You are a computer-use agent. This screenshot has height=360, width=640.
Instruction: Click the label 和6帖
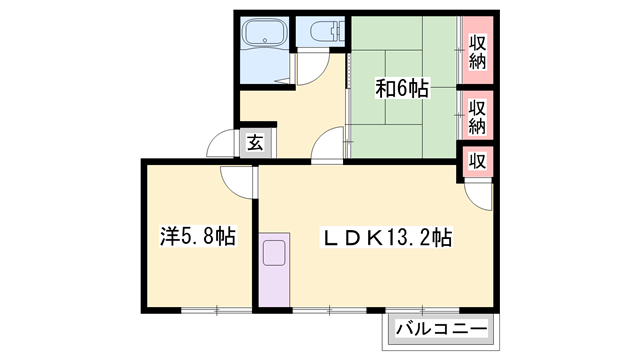point(402,90)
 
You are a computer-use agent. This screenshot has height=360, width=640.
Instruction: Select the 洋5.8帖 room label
point(197,238)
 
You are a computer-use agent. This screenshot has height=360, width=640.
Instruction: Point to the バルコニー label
point(440,328)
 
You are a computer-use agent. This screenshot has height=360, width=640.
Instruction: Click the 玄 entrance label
point(254,143)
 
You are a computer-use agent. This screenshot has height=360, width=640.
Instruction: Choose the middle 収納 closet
point(477,117)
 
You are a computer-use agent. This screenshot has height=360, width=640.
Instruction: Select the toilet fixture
point(321,35)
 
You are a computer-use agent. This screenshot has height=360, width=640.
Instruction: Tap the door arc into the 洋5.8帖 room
point(237,179)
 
